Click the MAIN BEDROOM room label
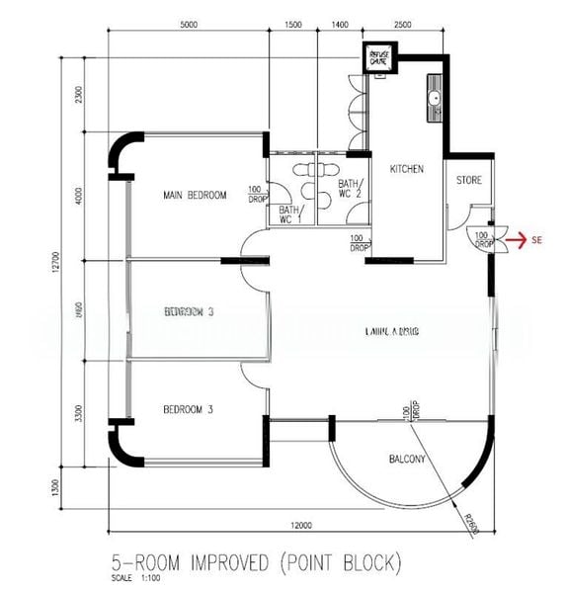coord(194,196)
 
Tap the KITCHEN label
coord(407,170)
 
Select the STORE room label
coord(469,181)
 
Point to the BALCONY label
coord(406,460)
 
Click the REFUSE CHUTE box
coord(378,58)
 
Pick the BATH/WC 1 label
coord(289,213)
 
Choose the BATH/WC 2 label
coord(351,188)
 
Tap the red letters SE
coord(537,239)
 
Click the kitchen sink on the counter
coord(435,98)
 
